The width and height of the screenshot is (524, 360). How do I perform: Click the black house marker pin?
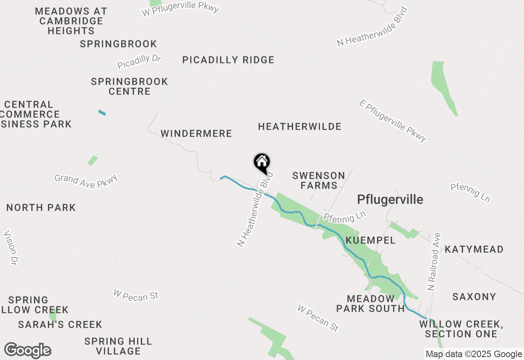click(262, 163)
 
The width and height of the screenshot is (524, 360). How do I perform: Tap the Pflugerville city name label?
click(390, 200)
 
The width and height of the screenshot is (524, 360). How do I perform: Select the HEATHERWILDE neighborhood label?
click(300, 127)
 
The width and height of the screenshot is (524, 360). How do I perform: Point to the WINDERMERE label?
click(196, 134)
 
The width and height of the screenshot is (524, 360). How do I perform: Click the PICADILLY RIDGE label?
click(228, 60)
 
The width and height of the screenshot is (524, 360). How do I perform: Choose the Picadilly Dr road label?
click(139, 62)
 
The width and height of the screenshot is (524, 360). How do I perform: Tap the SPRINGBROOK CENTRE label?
click(129, 86)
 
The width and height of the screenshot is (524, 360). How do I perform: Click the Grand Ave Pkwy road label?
click(86, 181)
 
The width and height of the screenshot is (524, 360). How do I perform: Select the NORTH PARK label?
click(41, 208)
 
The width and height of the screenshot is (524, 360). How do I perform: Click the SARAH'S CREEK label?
click(60, 325)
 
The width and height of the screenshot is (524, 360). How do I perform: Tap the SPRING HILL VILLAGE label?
click(118, 346)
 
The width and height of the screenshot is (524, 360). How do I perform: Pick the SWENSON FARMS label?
click(318, 180)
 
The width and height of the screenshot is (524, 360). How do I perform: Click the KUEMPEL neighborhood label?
click(370, 241)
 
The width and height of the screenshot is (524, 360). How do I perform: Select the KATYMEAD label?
click(474, 250)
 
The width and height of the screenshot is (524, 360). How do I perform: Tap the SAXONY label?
click(474, 297)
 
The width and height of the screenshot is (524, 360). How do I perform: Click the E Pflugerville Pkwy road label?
click(393, 120)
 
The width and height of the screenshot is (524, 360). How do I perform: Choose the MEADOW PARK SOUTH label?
click(370, 304)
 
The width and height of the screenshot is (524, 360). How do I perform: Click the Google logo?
click(27, 350)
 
